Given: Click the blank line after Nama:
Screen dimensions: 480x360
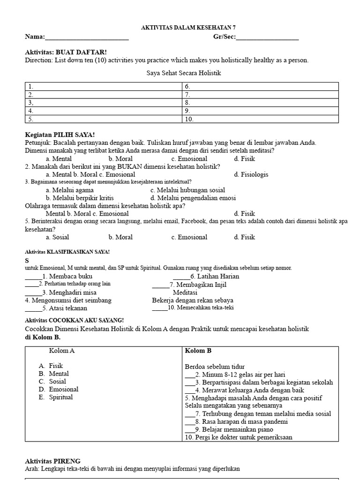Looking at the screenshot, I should pyautogui.click(x=87, y=37).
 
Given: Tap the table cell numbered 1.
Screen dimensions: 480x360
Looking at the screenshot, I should pyautogui.click(x=103, y=87).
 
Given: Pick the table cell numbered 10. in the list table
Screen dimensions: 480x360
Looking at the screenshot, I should pyautogui.click(x=260, y=119).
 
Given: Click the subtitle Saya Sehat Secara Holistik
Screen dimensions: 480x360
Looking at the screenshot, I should pyautogui.click(x=184, y=73).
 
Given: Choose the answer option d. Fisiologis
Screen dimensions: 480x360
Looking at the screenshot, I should pyautogui.click(x=251, y=174).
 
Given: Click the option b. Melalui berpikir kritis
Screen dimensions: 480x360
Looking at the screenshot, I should pyautogui.click(x=80, y=198).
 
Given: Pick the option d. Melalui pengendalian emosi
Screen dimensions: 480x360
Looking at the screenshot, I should pyautogui.click(x=193, y=198).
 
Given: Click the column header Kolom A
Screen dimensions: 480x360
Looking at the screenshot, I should pyautogui.click(x=62, y=351).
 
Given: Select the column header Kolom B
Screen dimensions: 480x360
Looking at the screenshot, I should pyautogui.click(x=198, y=351).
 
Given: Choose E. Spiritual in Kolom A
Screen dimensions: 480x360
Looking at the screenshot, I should pyautogui.click(x=56, y=397).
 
